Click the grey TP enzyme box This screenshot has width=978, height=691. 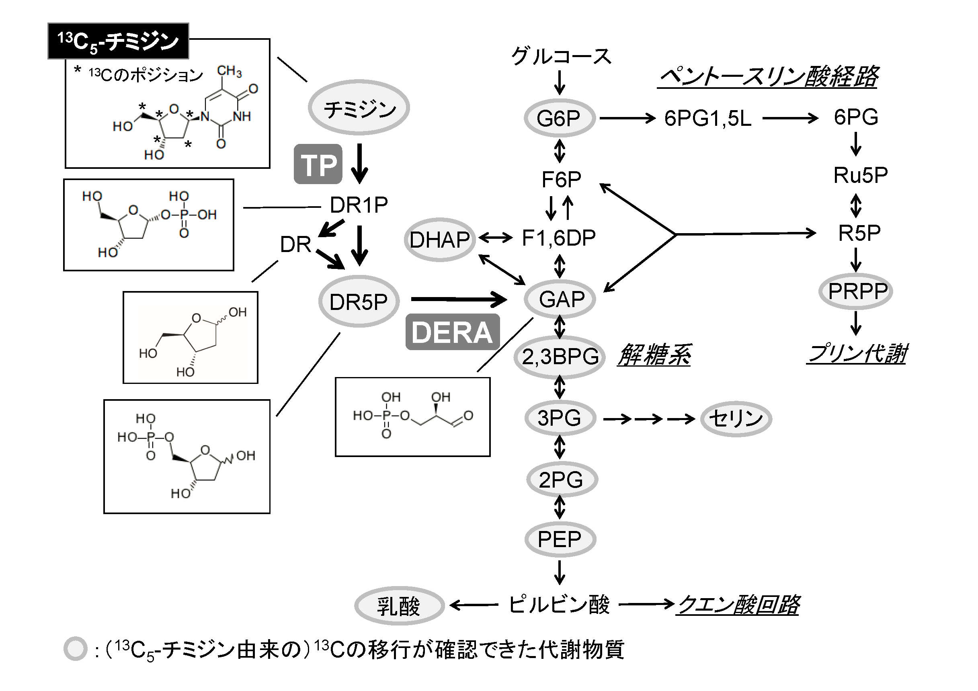coord(318,164)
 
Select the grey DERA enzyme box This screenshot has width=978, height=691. coord(452,332)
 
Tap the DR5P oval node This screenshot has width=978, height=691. coord(359,301)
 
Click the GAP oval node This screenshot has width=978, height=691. coord(560,299)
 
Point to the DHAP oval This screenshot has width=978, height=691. coord(439,240)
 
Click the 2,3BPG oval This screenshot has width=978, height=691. coord(560,357)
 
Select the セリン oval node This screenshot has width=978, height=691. coord(736,418)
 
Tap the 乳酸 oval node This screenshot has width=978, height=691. coord(399,605)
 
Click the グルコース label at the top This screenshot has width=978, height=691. coord(561,56)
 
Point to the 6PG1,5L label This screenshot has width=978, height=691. coord(707,118)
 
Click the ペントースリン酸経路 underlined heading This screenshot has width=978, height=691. coord(768,77)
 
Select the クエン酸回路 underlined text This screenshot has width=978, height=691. coord(738,605)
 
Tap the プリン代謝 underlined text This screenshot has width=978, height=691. coord(857,354)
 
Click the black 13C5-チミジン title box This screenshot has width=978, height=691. coord(118,41)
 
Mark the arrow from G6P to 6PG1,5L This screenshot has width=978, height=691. coord(627,118)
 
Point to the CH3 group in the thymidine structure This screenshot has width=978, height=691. coord(229,71)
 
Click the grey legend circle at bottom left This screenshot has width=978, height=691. coord(76,649)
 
